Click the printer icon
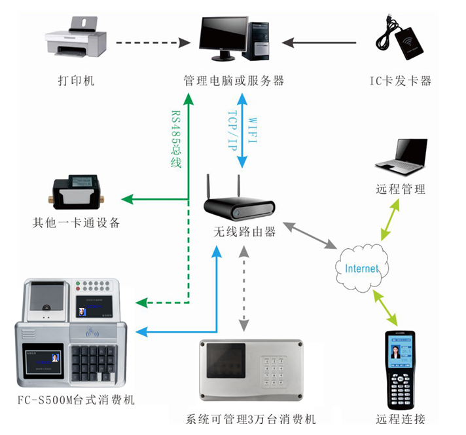(x=76, y=38)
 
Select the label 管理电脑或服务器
(x=234, y=81)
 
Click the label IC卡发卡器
(x=401, y=81)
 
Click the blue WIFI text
(x=253, y=132)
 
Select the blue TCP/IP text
(x=232, y=132)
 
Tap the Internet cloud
(x=361, y=268)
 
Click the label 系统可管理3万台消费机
(x=251, y=419)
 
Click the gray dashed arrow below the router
(x=244, y=288)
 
